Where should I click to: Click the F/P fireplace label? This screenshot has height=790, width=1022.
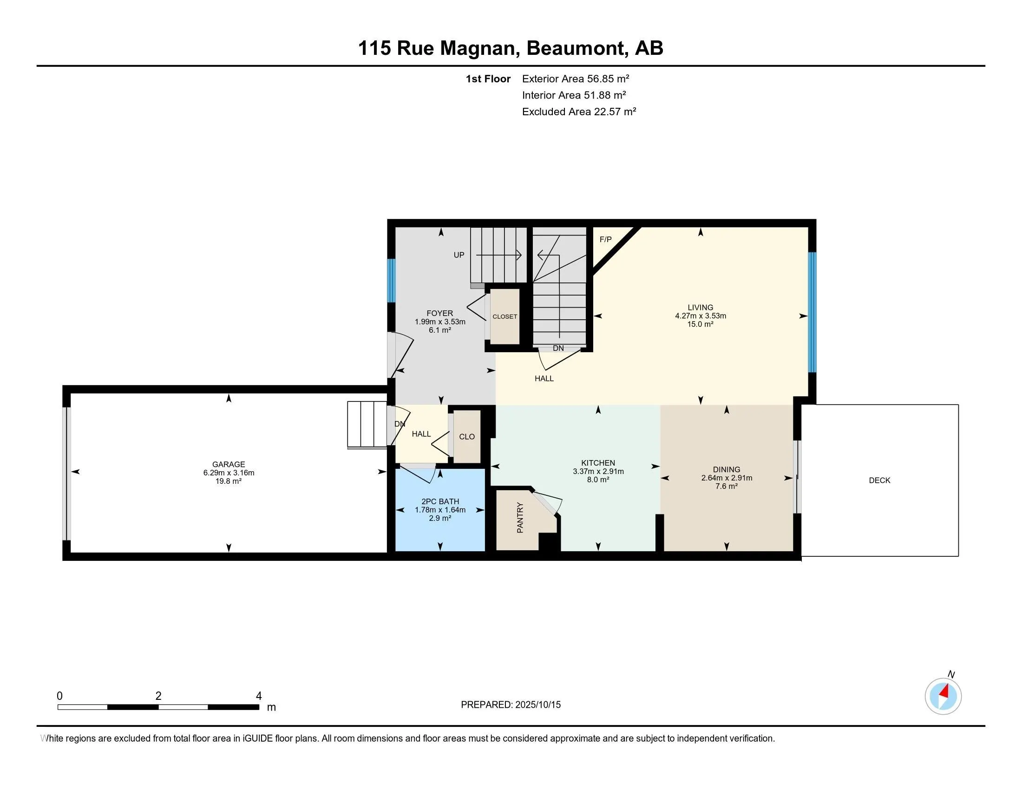605,240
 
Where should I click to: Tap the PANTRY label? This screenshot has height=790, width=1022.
520,518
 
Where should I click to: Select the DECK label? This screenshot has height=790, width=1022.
879,480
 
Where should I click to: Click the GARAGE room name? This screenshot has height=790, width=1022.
229,464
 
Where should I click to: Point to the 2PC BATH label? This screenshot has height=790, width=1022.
440,501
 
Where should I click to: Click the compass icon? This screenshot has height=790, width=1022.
943,697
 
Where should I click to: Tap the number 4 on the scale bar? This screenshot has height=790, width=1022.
259,696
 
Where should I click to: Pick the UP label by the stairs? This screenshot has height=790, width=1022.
459,255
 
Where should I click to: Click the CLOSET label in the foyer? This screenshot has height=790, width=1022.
505,317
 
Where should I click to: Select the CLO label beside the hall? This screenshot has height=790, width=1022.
467,437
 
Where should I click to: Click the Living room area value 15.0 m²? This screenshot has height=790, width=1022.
701,324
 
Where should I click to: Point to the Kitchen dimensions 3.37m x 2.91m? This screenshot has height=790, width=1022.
598,471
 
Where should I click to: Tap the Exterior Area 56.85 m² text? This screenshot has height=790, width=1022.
576,79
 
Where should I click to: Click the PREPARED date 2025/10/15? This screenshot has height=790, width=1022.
537,705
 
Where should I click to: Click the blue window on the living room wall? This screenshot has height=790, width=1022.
813,312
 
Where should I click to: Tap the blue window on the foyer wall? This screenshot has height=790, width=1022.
392,281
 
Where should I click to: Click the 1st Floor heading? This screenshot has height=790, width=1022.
488,79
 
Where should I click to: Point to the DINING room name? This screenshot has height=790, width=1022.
726,469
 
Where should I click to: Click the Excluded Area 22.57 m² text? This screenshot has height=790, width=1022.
579,112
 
